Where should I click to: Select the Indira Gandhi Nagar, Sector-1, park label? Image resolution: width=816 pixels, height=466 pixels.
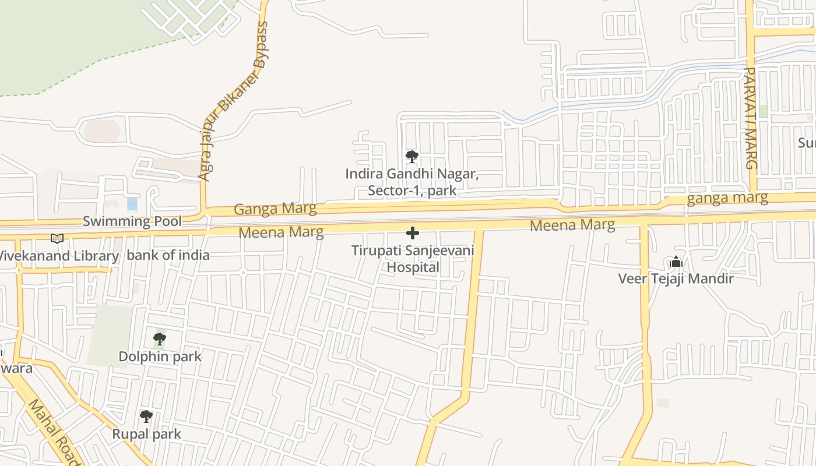[412, 182]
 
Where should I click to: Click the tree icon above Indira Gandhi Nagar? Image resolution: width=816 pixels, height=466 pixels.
[412, 157]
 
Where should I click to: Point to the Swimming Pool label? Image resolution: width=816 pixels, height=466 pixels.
[132, 221]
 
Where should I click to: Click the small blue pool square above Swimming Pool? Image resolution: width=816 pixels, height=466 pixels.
[132, 204]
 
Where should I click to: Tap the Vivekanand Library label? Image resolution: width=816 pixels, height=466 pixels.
[58, 256]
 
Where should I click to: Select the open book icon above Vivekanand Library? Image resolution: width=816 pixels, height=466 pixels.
[57, 238]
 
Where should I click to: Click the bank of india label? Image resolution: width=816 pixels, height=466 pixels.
[168, 255]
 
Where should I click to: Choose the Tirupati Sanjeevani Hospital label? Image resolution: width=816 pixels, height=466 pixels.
[413, 259]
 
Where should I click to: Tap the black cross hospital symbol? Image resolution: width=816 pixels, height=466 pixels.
[413, 234]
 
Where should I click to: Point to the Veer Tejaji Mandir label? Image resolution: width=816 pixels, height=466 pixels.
[676, 278]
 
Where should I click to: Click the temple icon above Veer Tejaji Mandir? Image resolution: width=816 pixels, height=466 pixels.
[676, 262]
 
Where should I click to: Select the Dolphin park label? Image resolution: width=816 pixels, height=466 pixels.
[160, 356]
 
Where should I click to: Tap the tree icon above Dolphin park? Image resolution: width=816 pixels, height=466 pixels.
[159, 339]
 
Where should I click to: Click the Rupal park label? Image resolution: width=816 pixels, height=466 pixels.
[146, 434]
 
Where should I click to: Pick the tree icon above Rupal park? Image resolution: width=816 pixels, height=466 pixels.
[146, 416]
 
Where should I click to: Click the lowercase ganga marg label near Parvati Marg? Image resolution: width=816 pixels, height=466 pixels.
[727, 198]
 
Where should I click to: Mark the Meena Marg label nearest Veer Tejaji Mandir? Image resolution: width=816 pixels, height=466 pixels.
[572, 225]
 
